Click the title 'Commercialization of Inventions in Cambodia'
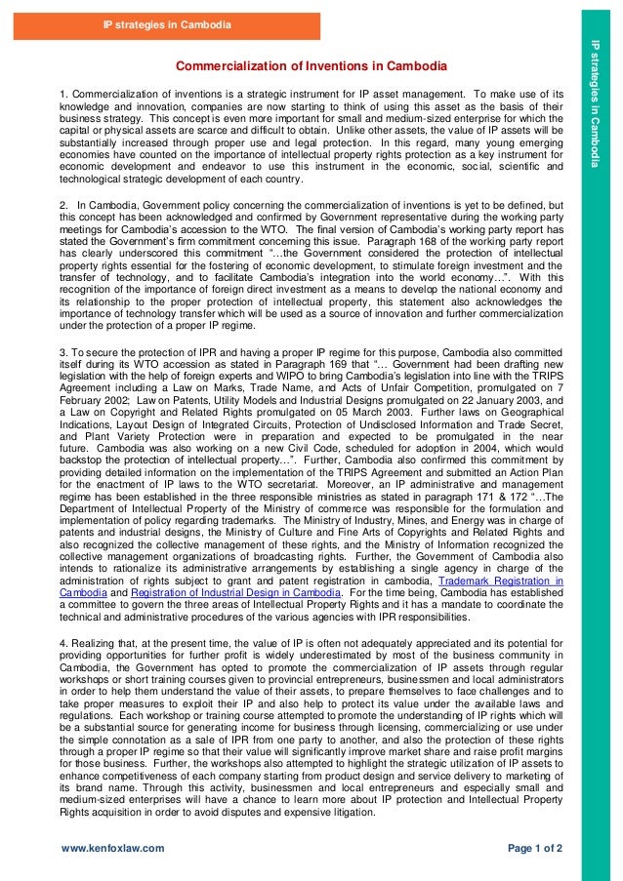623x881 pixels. (x=311, y=66)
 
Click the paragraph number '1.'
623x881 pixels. (x=64, y=94)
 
